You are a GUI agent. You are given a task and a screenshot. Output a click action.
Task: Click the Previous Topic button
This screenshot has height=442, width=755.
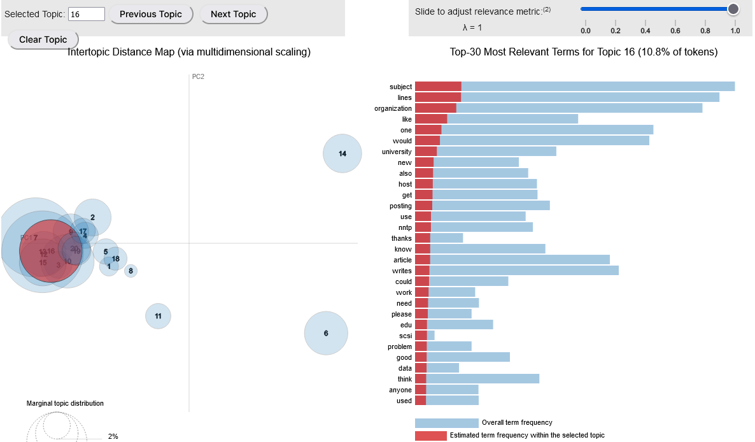pyautogui.click(x=151, y=14)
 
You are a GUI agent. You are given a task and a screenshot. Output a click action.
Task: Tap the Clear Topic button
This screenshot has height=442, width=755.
pyautogui.click(x=43, y=39)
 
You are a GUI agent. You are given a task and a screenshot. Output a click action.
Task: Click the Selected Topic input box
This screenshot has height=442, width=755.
pyautogui.click(x=87, y=14)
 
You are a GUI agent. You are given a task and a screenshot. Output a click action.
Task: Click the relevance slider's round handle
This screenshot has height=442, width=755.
pyautogui.click(x=733, y=9)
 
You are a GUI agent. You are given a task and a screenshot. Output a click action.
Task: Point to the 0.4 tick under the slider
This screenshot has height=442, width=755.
pyautogui.click(x=646, y=30)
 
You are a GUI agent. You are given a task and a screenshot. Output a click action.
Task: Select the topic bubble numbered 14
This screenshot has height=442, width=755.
pyautogui.click(x=342, y=153)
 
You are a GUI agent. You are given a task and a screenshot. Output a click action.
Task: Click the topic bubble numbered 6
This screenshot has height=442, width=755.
pyautogui.click(x=326, y=333)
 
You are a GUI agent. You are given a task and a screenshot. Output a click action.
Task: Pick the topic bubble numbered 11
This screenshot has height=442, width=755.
pyautogui.click(x=158, y=316)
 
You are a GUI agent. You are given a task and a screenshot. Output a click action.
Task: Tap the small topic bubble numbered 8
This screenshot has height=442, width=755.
pyautogui.click(x=131, y=271)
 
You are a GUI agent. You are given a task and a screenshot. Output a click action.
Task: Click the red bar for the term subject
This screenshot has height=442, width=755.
pyautogui.click(x=438, y=87)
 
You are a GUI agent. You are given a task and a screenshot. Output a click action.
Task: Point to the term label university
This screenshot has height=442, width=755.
pyautogui.click(x=397, y=152)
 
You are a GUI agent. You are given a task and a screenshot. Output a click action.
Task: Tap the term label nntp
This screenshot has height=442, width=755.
pyautogui.click(x=405, y=227)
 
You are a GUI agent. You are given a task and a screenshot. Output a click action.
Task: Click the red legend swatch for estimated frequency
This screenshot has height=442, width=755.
pyautogui.click(x=430, y=436)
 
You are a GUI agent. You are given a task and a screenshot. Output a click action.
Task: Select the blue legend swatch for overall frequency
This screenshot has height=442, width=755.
pyautogui.click(x=446, y=423)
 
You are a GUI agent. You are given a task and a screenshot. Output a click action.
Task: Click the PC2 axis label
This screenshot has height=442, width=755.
pyautogui.click(x=198, y=76)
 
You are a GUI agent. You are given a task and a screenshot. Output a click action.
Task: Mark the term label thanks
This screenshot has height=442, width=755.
pyautogui.click(x=402, y=238)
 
